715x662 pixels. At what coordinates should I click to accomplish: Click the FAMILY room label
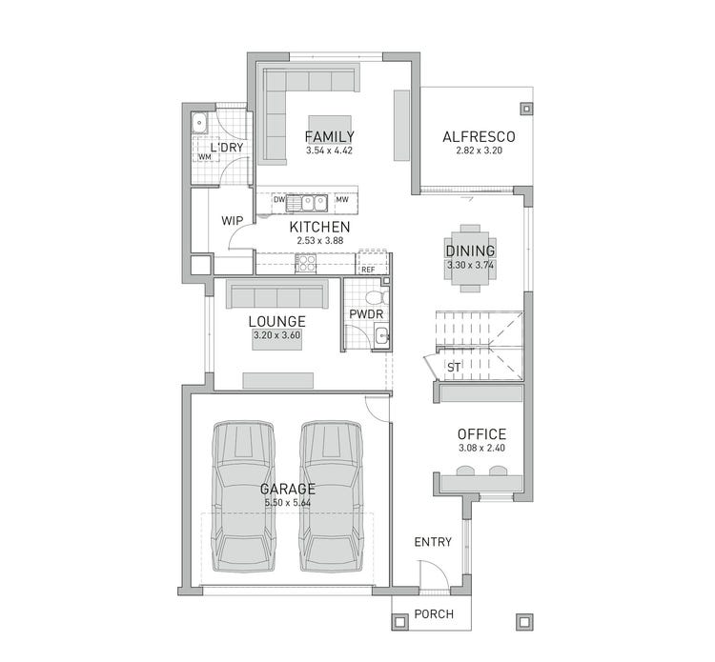pos(330,136)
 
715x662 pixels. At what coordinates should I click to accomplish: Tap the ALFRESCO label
pos(472,136)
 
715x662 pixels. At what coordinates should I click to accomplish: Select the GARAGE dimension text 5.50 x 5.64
pos(287,503)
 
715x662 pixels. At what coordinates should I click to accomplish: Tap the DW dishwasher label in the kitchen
pos(279,200)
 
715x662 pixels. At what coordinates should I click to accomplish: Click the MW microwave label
pos(340,200)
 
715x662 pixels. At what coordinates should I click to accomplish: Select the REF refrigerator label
pos(368,270)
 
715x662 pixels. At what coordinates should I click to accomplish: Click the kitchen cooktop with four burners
pos(306,264)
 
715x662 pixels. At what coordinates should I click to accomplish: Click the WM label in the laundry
pos(204,157)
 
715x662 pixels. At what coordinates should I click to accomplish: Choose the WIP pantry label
pos(233,220)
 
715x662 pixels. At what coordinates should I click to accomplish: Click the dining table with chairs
pos(470,252)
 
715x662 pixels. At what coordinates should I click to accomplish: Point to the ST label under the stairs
pos(454,366)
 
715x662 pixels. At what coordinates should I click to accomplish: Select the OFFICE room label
pos(480,434)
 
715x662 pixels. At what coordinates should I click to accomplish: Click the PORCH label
pos(433,614)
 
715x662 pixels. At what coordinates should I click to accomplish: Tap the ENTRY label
pos(433,542)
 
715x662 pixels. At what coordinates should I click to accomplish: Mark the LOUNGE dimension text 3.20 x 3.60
pos(276,336)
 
